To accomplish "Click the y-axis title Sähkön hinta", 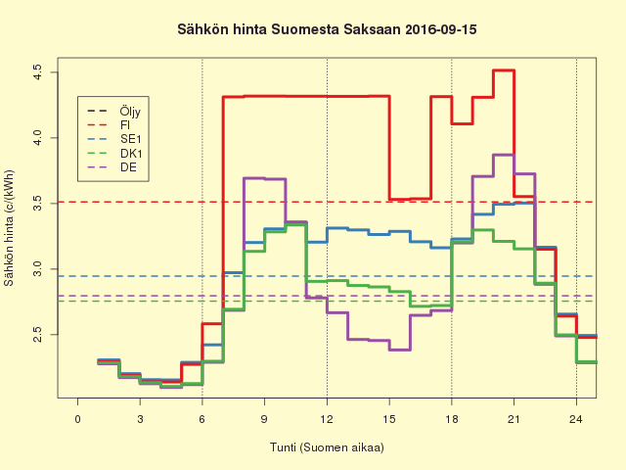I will (x=10, y=227).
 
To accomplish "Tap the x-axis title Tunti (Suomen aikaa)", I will (x=327, y=447).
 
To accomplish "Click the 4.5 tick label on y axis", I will (x=36, y=71).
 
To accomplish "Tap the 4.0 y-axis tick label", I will (x=36, y=137).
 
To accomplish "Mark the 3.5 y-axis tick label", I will (x=36, y=202).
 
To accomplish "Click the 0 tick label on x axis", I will (x=77, y=419).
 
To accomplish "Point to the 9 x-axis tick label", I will (x=264, y=419).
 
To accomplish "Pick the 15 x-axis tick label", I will (x=389, y=419).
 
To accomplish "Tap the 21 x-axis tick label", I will (x=514, y=419).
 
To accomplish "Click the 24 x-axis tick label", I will (x=576, y=419).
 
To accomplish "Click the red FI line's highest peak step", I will (x=504, y=70).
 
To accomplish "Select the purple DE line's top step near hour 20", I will (x=504, y=155).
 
